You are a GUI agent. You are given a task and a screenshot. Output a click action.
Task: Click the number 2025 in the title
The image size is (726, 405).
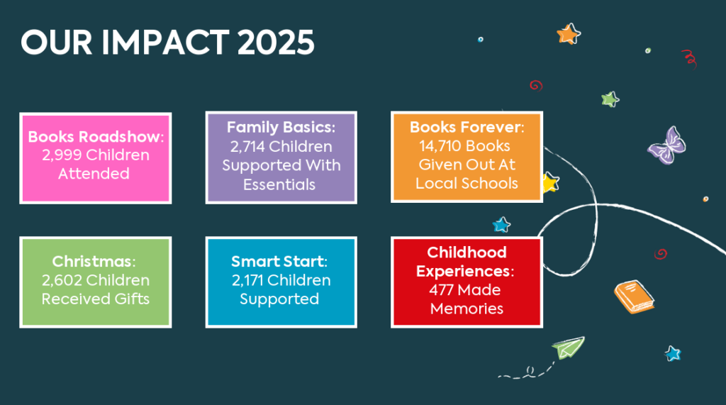click(276, 42)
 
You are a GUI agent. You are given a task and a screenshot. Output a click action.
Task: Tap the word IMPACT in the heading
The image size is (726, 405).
click(164, 42)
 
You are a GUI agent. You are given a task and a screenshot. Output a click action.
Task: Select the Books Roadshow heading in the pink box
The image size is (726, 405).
click(95, 137)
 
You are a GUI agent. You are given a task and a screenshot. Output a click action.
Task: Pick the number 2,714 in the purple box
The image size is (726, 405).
click(247, 146)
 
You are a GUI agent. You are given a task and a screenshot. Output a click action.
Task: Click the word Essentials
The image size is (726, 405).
click(279, 184)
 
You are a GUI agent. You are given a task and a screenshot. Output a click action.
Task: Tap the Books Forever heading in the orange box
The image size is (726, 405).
click(466, 127)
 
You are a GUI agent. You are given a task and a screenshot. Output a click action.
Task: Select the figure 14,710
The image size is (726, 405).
click(440, 146)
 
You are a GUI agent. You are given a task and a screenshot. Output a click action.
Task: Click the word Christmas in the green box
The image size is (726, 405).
click(91, 261)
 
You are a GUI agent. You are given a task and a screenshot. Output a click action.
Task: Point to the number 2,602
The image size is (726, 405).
click(62, 280)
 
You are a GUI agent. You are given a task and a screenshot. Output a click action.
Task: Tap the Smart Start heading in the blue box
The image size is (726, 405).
click(278, 261)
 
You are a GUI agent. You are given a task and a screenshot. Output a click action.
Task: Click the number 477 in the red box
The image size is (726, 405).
click(441, 290)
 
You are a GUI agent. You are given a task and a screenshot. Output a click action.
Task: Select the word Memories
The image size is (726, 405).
click(467, 309)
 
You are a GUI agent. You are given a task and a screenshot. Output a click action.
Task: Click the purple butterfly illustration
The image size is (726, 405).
click(666, 145)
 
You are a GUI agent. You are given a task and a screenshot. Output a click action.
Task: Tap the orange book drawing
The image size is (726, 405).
click(635, 296)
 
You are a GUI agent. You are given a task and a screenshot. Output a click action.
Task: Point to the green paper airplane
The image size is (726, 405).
click(568, 348)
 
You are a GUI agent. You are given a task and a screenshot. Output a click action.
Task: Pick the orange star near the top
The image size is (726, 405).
click(568, 34)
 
